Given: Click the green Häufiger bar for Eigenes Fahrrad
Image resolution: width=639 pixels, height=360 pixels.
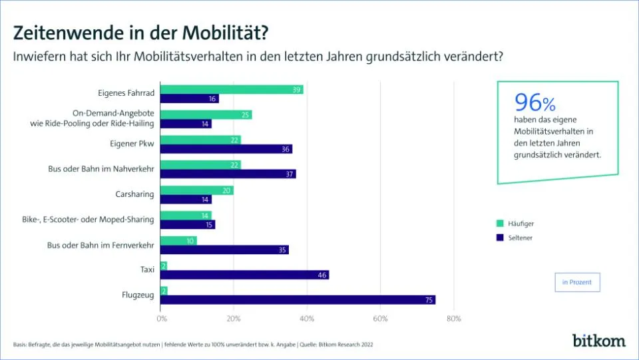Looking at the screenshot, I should (x=232, y=90).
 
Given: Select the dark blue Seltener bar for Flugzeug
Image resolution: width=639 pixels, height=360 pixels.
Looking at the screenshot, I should (x=298, y=299).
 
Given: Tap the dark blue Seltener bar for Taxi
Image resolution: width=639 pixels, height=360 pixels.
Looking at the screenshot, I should (x=245, y=275).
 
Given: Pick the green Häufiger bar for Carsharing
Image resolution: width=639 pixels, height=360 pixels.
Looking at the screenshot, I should (x=197, y=190).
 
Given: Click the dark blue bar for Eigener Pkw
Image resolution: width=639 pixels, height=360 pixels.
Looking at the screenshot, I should (x=226, y=149).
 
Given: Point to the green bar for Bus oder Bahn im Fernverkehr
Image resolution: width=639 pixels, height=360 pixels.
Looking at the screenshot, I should (x=179, y=240).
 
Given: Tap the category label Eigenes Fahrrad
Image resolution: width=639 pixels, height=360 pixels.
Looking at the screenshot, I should (x=126, y=94).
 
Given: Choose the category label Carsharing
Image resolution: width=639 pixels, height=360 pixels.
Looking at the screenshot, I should (x=134, y=194).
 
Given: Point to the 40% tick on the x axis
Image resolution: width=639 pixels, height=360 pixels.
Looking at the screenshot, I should (x=307, y=319).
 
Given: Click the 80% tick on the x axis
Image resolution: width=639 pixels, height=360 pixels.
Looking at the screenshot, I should (x=453, y=319).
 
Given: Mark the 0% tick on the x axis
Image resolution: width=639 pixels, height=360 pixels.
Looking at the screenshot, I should (x=161, y=319).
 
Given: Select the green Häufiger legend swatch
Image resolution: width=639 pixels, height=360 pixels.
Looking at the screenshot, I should (x=500, y=224).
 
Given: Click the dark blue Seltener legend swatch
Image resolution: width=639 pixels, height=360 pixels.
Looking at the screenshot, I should (x=500, y=238).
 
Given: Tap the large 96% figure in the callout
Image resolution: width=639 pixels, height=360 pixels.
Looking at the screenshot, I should (x=534, y=102).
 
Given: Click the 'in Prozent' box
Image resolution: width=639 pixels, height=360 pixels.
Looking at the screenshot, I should (x=577, y=282).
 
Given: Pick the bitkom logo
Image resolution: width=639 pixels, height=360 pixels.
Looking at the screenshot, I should (x=598, y=340).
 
